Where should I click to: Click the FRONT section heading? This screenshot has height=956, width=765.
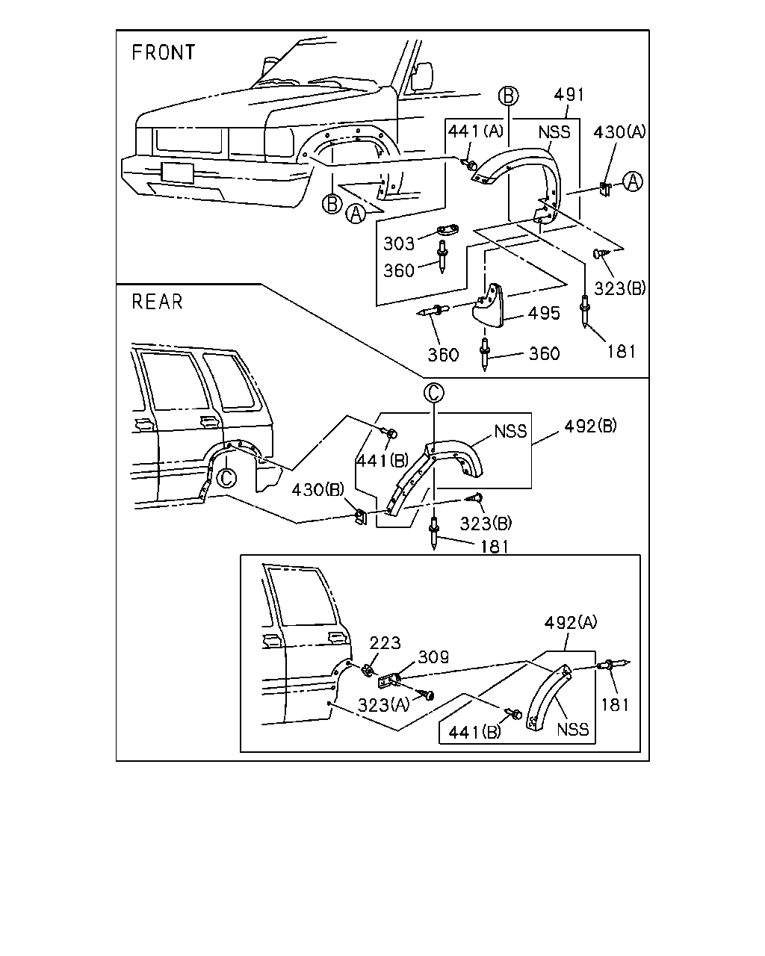pos(163,52)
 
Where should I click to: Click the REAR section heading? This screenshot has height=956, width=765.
pos(158,302)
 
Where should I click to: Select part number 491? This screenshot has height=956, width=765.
pos(569,95)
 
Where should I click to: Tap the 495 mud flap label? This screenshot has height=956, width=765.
pos(544,313)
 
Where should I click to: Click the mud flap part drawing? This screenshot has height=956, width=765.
pos(488,305)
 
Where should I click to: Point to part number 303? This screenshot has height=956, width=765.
pos(399,243)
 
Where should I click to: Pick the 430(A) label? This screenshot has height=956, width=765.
pos(619,132)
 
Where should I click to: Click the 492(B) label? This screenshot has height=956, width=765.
pos(591,426)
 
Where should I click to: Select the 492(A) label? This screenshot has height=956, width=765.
pos(571,623)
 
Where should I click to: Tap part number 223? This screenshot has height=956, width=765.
pos(385,643)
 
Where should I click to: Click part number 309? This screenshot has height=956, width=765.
pos(433,657)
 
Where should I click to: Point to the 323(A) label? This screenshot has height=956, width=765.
pos(384,705)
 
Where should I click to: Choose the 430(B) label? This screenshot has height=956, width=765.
pos(318,490)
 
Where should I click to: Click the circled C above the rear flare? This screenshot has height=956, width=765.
pos(434,393)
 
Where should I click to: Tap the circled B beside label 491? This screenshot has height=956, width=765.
pos(509,96)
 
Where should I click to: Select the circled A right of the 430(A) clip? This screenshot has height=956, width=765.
pos(633,181)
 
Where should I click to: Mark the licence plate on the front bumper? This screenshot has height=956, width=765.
pos(177,173)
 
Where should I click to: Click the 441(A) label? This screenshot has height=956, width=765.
pos(475,131)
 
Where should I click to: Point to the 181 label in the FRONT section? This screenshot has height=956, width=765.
pos(622,352)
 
